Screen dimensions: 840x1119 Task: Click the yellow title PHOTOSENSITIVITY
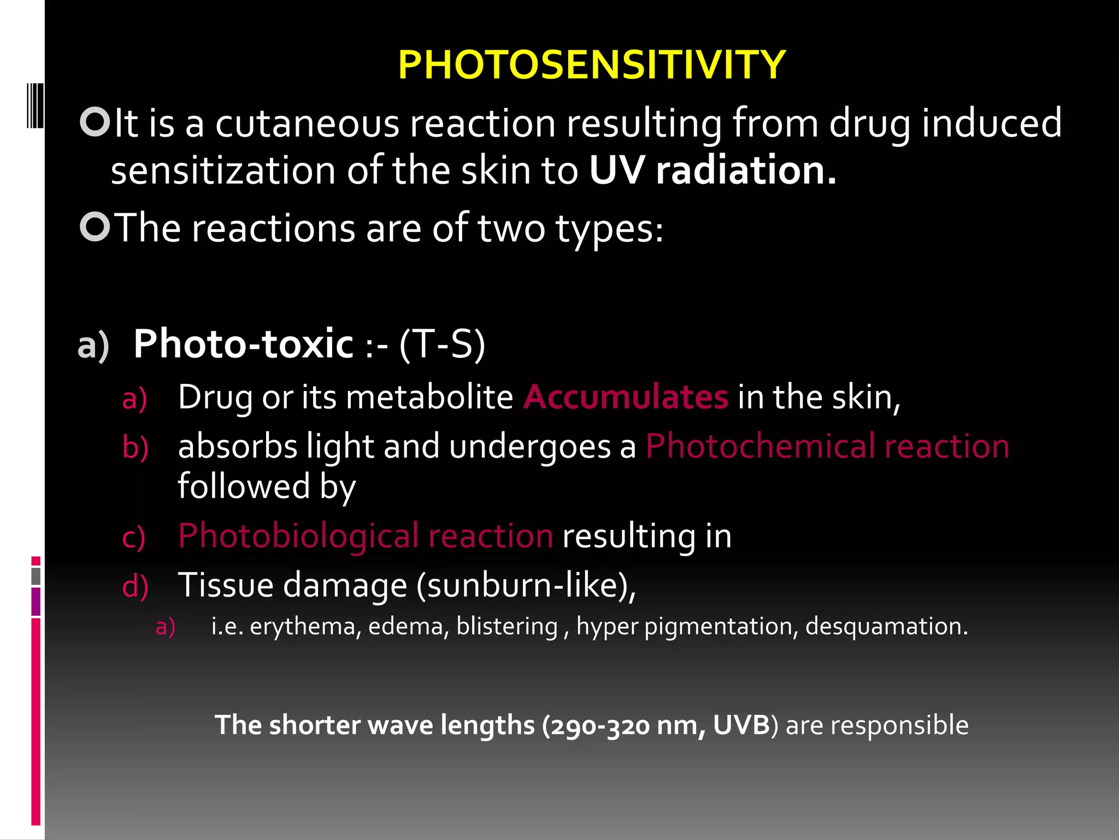point(591,65)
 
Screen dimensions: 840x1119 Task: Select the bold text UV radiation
point(712,171)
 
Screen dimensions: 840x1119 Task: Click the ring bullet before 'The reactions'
point(95,226)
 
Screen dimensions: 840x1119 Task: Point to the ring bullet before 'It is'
point(95,122)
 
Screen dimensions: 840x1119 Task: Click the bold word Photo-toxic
point(244,344)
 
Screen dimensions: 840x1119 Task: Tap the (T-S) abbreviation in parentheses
point(442,345)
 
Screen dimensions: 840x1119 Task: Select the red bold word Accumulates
point(626,396)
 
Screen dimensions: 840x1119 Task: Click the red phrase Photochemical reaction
point(827,446)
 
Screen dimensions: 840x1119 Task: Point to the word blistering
point(507,626)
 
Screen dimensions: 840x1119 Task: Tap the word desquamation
point(886,627)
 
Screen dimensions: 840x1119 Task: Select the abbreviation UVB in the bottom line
point(741,725)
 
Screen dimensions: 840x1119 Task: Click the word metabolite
point(429,396)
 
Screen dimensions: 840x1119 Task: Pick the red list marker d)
point(135,586)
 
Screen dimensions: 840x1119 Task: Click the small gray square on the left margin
point(36,576)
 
